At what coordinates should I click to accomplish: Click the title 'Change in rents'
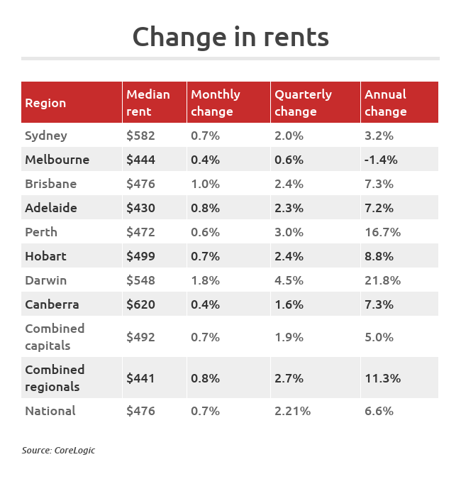[x=230, y=37]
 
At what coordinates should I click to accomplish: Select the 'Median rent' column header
[x=148, y=103]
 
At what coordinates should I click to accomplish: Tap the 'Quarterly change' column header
[x=303, y=103]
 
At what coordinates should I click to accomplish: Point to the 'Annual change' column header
[x=385, y=103]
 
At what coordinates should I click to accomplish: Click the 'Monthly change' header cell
[x=216, y=103]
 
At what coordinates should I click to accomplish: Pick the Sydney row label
[x=46, y=136]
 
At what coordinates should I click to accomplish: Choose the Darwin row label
[x=45, y=280]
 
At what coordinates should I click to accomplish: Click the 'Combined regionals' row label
[x=55, y=378]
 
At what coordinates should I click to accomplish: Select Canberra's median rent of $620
[x=140, y=304]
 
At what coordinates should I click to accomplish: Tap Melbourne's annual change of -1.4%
[x=381, y=160]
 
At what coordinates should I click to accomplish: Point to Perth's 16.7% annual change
[x=382, y=232]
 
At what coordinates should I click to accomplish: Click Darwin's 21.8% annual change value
[x=382, y=280]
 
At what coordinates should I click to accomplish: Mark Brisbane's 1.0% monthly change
[x=205, y=184]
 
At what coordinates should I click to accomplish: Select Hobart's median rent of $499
[x=140, y=256]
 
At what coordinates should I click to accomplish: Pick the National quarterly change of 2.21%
[x=292, y=411]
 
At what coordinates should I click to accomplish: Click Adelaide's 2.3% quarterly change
[x=289, y=208]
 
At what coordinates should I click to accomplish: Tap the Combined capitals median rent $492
[x=140, y=337]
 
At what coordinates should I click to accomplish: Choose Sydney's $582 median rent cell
[x=140, y=136]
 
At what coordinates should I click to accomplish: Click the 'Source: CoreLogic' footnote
[x=58, y=450]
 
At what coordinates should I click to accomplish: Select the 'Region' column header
[x=45, y=103]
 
